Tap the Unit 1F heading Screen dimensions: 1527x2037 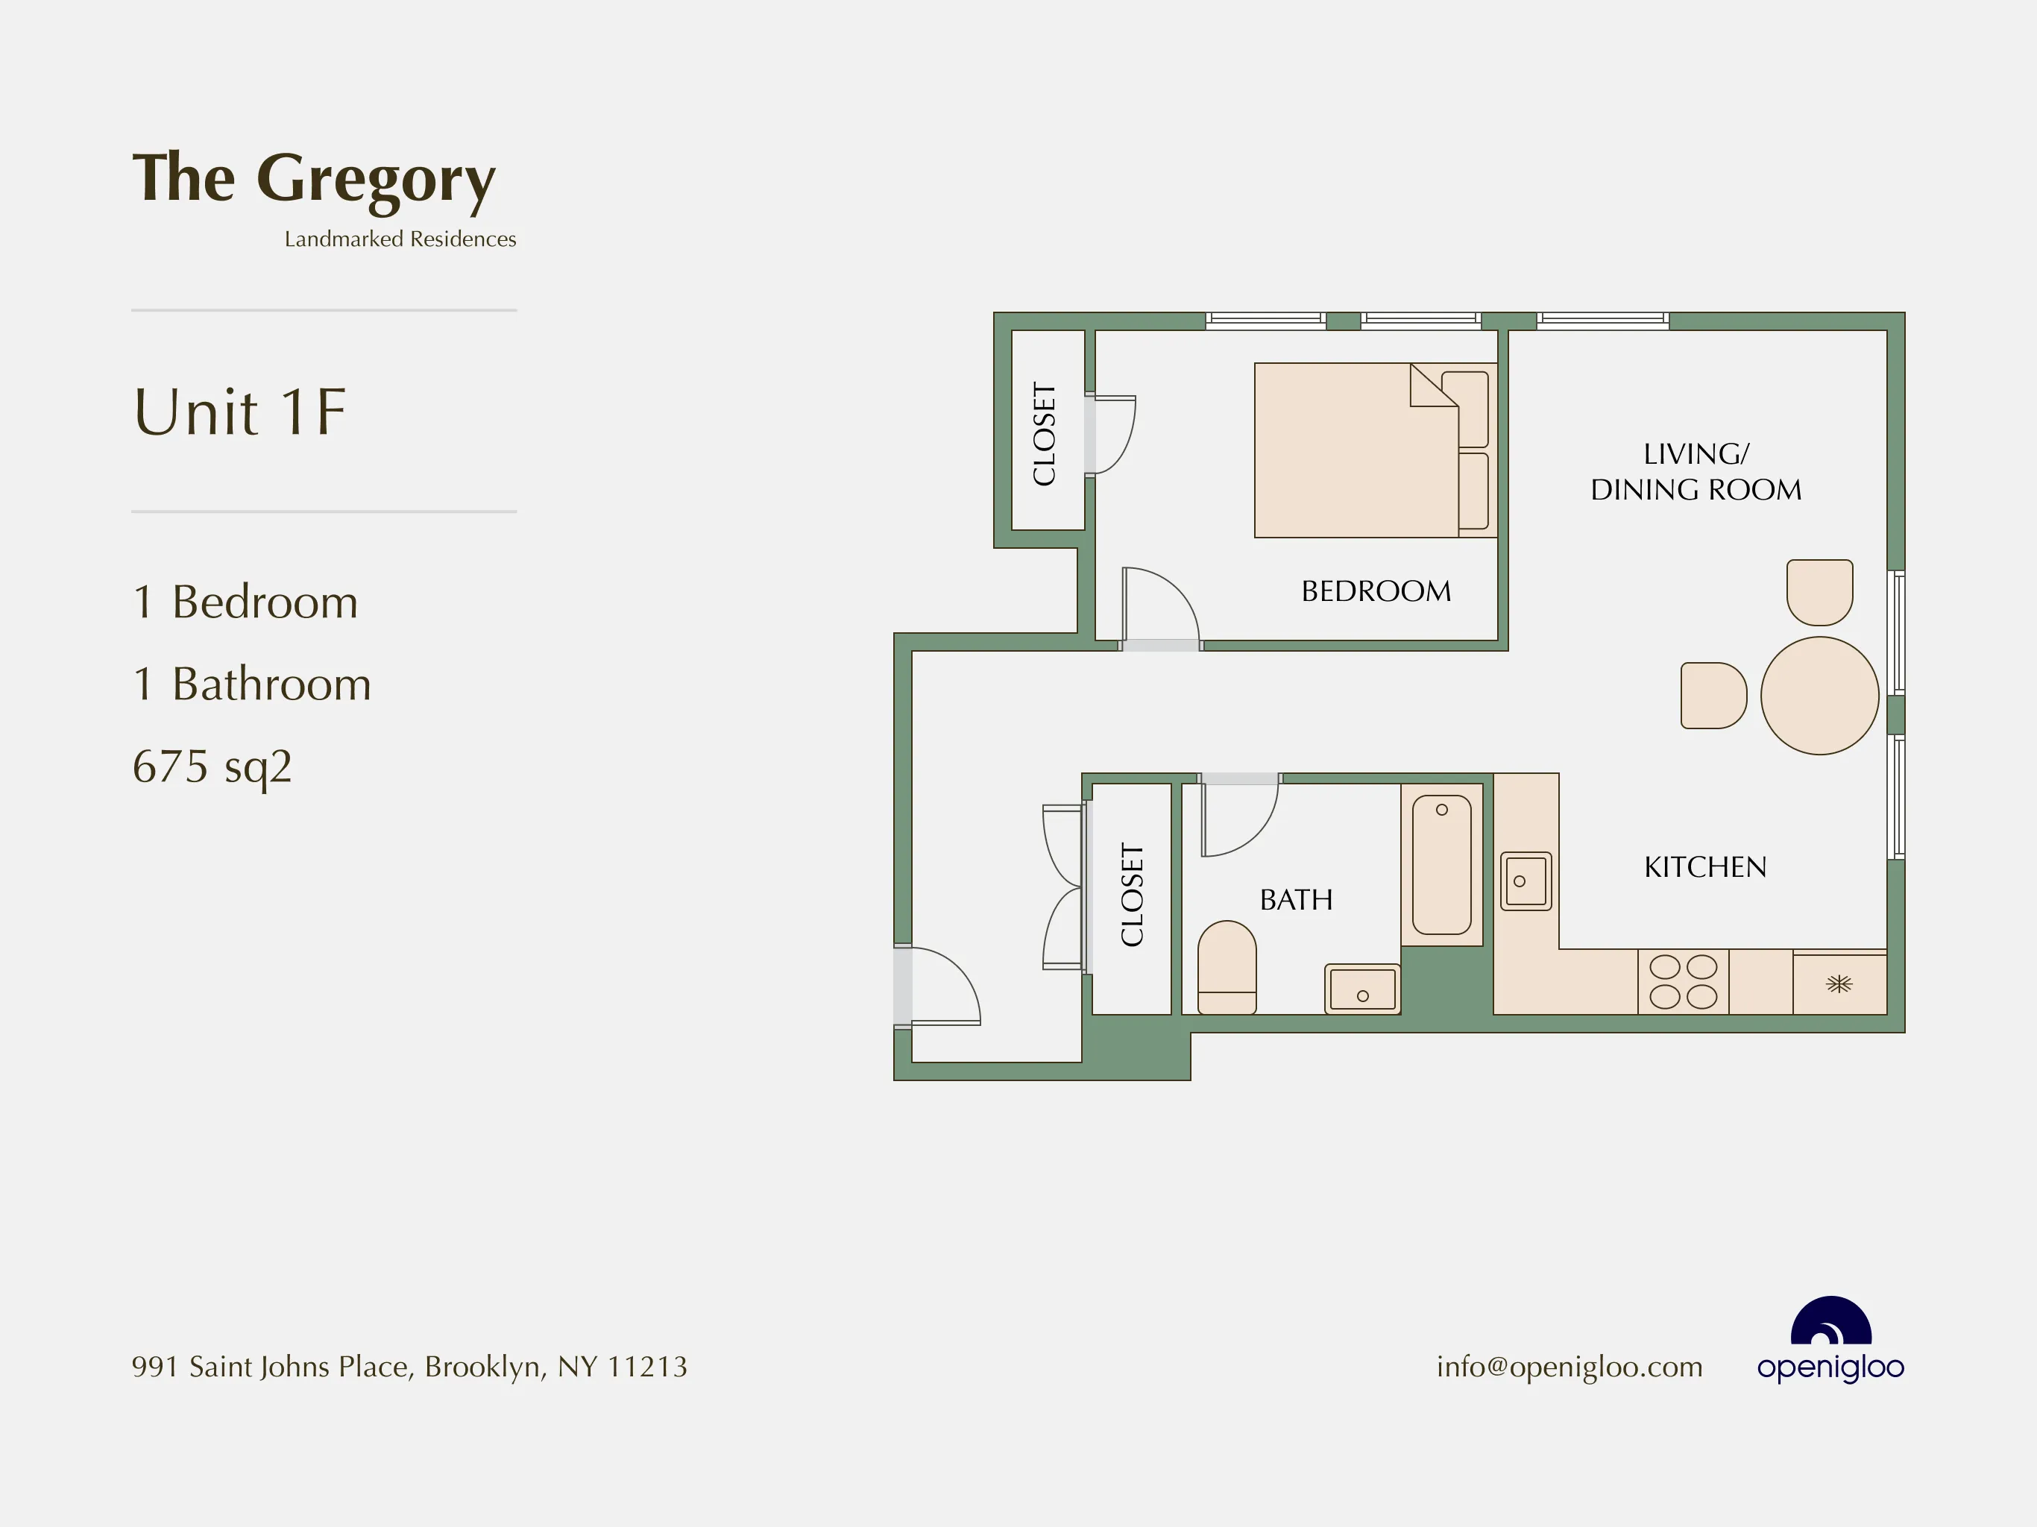coord(239,412)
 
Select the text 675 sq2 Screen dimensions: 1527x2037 coord(212,766)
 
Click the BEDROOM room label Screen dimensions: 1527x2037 coord(1376,591)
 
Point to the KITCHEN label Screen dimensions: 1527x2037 coord(1704,866)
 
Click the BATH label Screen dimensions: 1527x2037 coord(1296,900)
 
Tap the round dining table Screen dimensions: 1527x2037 coord(1819,696)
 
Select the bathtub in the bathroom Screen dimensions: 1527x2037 coord(1441,866)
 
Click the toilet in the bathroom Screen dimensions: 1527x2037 coord(1227,967)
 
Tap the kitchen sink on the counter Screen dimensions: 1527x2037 coord(1526,881)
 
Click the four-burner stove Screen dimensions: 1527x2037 coord(1682,982)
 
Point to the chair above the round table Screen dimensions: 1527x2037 coord(1819,591)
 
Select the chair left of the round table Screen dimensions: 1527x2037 coord(1713,696)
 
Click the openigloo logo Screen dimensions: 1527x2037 coord(1830,1340)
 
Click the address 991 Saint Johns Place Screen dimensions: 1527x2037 coord(409,1367)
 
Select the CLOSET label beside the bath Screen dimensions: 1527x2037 coord(1132,894)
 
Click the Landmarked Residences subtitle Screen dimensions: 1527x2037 coord(400,239)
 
